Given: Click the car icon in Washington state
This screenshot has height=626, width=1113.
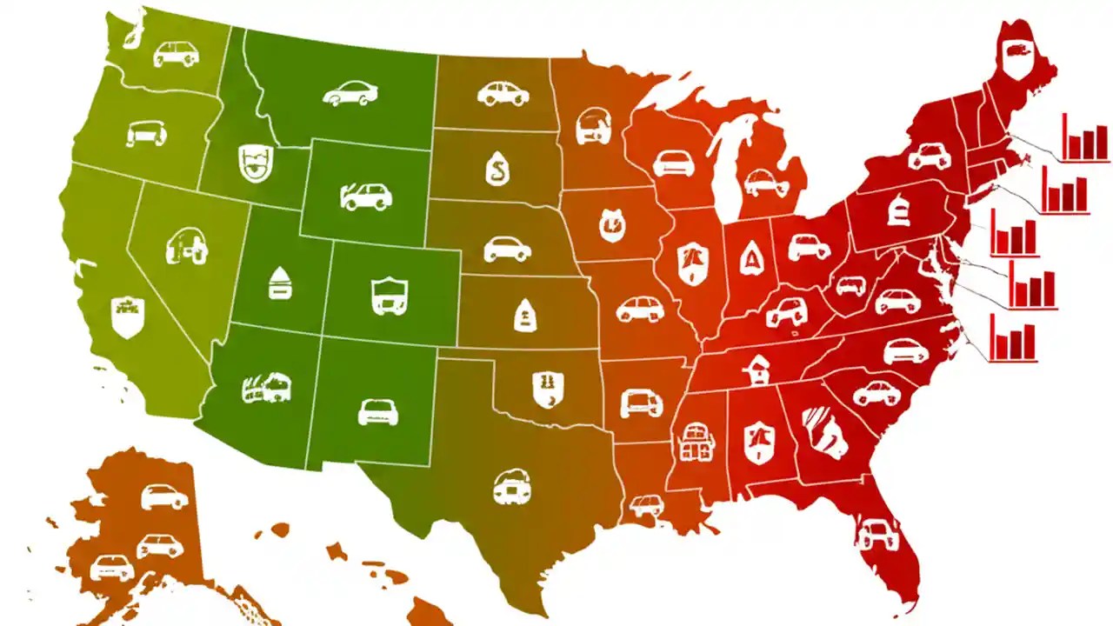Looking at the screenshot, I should pyautogui.click(x=176, y=54).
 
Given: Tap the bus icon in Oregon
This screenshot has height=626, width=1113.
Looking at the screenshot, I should pyautogui.click(x=146, y=133).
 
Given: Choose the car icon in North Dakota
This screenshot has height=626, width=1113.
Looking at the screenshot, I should pyautogui.click(x=503, y=93).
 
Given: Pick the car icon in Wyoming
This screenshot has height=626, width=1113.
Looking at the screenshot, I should pyautogui.click(x=366, y=196).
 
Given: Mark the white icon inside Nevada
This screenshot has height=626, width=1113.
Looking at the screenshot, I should pyautogui.click(x=188, y=246).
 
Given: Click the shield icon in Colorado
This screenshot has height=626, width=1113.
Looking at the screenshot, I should pyautogui.click(x=389, y=293).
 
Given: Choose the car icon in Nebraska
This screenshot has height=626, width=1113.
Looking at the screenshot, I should pyautogui.click(x=507, y=249).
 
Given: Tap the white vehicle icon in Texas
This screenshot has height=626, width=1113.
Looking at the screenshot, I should pyautogui.click(x=510, y=487).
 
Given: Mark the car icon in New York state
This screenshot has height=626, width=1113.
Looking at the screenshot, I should pyautogui.click(x=929, y=156).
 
